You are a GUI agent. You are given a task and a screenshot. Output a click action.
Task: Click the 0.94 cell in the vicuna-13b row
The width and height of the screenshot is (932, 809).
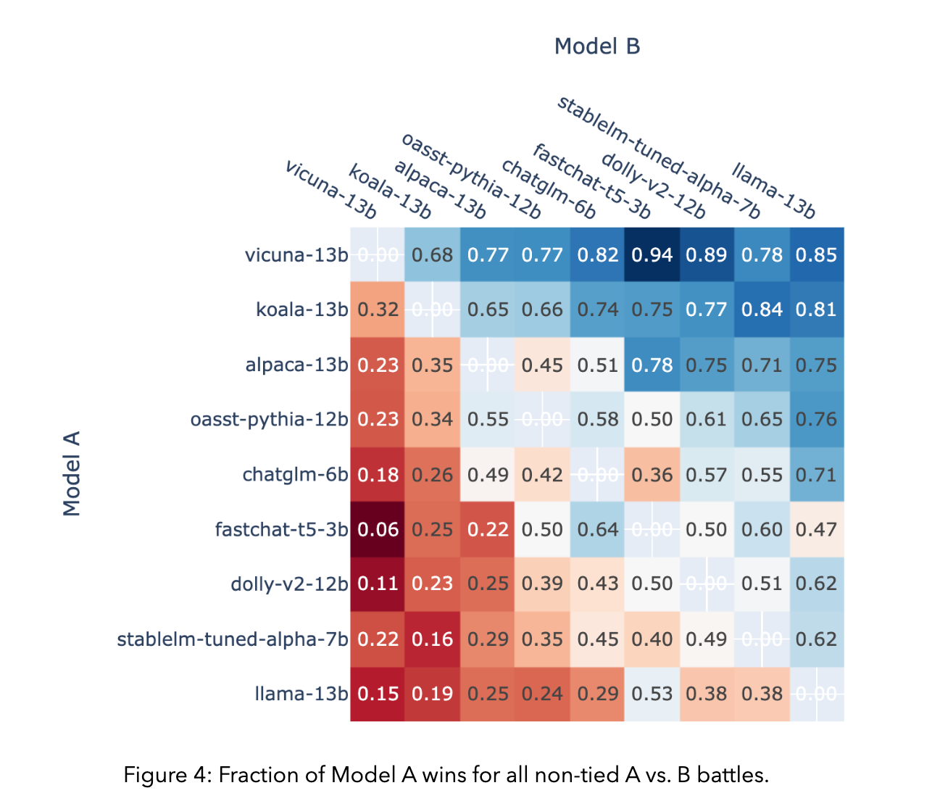(652, 255)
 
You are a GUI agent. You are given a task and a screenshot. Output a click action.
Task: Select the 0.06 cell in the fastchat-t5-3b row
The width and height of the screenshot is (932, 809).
(378, 530)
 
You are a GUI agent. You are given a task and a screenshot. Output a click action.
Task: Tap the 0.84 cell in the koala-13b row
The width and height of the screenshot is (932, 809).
(762, 310)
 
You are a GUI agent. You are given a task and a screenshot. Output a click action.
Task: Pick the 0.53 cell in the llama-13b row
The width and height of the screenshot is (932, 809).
(652, 694)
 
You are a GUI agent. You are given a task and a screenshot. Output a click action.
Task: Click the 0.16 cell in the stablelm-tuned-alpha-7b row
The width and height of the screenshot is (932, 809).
(433, 639)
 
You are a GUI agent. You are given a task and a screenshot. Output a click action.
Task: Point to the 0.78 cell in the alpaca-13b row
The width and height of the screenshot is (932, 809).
(652, 365)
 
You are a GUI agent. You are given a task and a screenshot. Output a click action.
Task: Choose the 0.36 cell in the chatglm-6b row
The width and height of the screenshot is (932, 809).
(652, 475)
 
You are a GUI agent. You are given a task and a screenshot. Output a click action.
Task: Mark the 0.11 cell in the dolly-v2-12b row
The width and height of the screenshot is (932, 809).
(378, 584)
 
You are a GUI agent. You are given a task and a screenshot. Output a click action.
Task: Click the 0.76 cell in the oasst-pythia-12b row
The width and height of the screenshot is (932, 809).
(816, 420)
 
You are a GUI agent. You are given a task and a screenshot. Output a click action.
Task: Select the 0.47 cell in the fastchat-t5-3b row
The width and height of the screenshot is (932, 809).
(816, 530)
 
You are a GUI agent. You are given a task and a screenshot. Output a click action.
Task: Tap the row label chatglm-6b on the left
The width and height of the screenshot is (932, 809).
(295, 475)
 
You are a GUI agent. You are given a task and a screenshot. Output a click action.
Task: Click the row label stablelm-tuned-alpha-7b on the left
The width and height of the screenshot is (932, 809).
(233, 639)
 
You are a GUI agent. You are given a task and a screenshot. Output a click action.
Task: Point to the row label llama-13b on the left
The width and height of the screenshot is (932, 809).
(301, 694)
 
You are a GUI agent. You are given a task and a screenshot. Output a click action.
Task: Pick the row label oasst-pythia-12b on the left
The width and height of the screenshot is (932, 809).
(269, 420)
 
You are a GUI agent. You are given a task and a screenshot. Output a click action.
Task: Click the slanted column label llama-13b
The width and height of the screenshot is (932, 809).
(774, 191)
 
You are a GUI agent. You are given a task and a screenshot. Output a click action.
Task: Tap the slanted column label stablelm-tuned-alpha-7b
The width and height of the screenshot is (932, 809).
(659, 157)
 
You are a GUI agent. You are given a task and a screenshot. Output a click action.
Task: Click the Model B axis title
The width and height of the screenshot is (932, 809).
(597, 46)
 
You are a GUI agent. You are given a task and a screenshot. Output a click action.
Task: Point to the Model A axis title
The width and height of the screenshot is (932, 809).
(72, 473)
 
